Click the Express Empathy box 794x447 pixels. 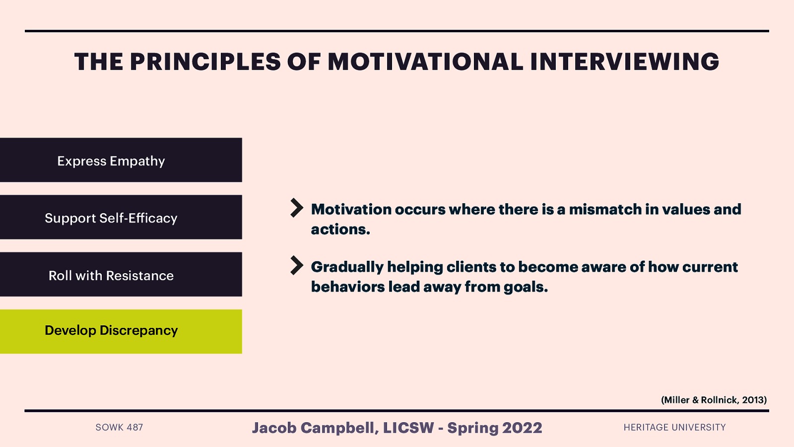(121, 160)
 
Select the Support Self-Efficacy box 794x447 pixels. (121, 217)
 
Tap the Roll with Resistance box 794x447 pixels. (121, 275)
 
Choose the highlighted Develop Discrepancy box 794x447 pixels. (121, 331)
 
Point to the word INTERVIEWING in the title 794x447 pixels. (624, 62)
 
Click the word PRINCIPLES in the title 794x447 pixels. (205, 62)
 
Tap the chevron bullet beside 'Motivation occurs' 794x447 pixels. (297, 208)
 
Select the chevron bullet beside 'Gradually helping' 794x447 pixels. (297, 265)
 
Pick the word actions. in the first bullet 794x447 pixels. (340, 229)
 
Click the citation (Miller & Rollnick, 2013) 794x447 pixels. (714, 400)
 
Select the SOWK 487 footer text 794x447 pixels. (119, 427)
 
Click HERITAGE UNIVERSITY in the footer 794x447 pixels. (674, 427)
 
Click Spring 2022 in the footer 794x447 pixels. (494, 428)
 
